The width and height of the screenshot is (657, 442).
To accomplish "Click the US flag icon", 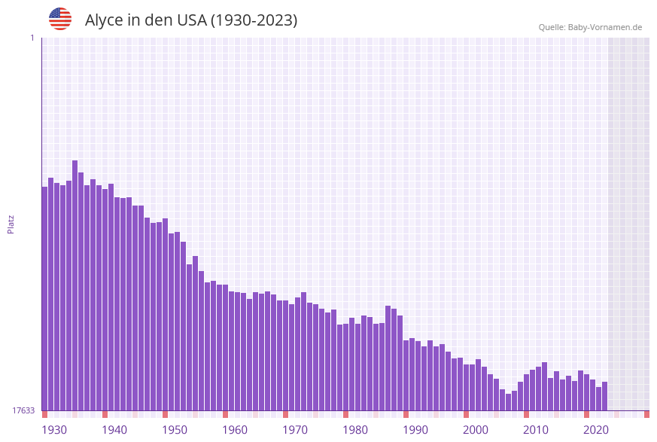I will point(60,19).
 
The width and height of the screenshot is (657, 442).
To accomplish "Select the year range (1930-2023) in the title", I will point(254,20).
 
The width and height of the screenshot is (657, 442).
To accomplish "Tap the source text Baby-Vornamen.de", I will point(605,27).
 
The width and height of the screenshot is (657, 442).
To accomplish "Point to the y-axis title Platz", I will point(11,224).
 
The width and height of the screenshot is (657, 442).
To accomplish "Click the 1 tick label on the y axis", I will point(32,38).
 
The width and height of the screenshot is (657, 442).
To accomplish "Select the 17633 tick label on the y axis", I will point(23,410).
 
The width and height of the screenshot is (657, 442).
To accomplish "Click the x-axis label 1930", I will point(54,430).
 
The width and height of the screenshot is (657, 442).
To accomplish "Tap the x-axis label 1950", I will point(175,430).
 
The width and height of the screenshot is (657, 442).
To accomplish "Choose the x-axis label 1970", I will point(295,430).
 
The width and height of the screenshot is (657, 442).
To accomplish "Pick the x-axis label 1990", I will point(415,430).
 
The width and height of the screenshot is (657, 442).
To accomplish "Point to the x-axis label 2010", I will point(536,430).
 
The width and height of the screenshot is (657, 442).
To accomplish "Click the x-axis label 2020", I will point(596,430).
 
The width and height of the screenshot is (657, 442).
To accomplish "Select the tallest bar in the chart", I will point(75,286).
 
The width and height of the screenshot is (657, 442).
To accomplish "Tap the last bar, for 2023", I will point(604,396).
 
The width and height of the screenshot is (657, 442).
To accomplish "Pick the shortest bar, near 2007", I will point(508,402).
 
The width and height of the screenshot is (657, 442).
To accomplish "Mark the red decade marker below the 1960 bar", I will point(225,414).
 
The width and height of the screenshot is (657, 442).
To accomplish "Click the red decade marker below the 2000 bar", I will point(466,414).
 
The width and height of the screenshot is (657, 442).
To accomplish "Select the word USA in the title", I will point(191,20).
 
